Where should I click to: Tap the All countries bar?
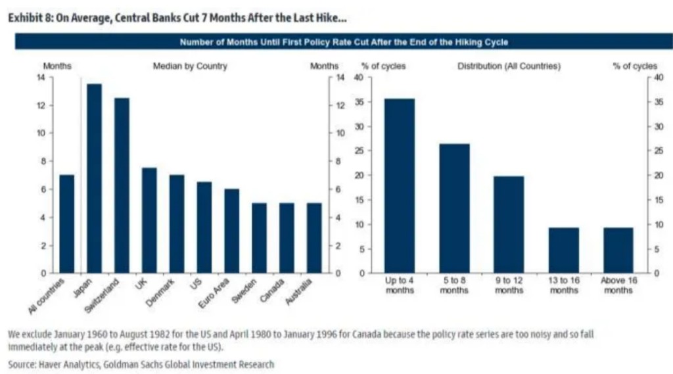click(67, 223)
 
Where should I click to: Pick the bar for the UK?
click(149, 220)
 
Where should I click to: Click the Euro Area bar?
click(231, 231)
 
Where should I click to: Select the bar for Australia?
click(314, 238)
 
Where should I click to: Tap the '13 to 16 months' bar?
click(563, 250)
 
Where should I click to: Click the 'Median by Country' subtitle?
click(190, 66)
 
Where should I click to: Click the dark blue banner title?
click(344, 42)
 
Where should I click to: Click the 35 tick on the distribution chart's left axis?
click(359, 103)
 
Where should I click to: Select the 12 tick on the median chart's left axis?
click(42, 106)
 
